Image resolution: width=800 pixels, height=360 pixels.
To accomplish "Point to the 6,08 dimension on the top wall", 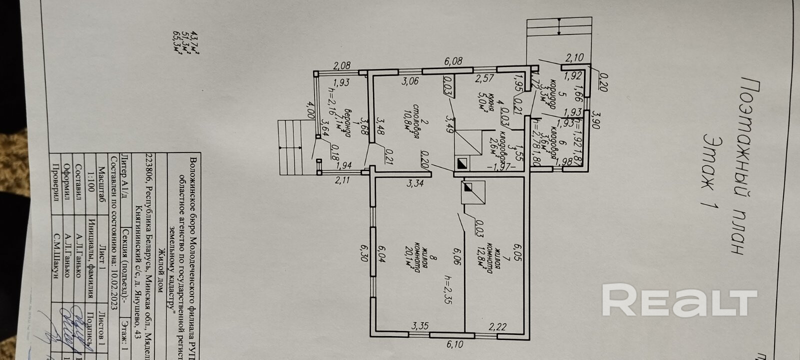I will [453, 61].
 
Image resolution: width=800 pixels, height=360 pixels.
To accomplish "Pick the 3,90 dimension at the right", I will [595, 118].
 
